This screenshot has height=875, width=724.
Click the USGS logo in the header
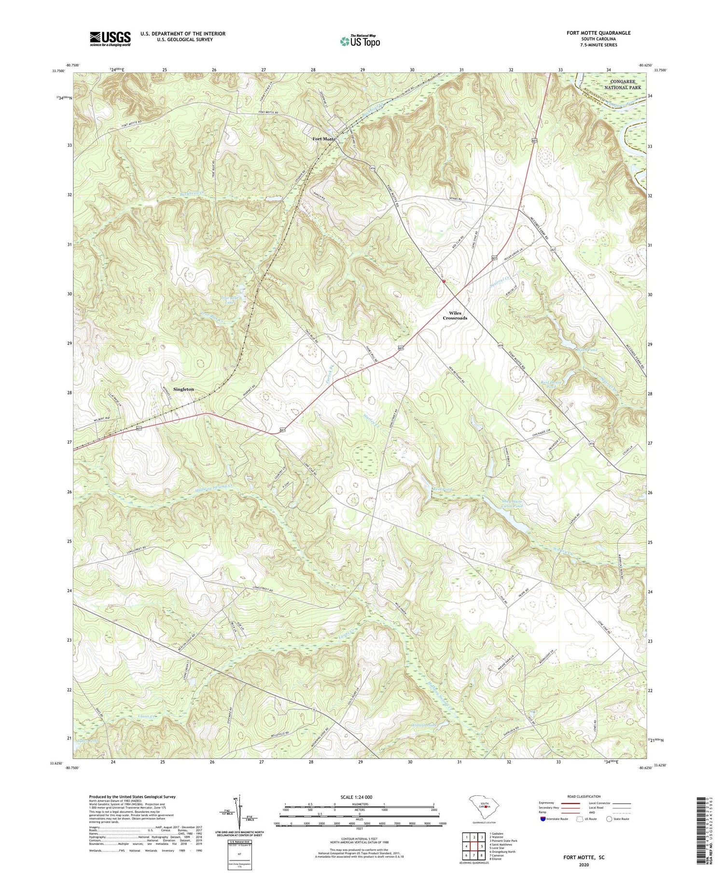coord(110,39)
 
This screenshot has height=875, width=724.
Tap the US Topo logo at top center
coord(360,42)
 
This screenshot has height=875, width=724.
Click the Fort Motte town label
coord(323,139)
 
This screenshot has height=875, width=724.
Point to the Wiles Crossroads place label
coord(455,316)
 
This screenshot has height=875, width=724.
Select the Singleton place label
coord(183,389)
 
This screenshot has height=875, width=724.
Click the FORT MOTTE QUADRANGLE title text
coord(599,33)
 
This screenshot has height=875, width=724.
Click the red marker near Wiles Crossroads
coord(444,281)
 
